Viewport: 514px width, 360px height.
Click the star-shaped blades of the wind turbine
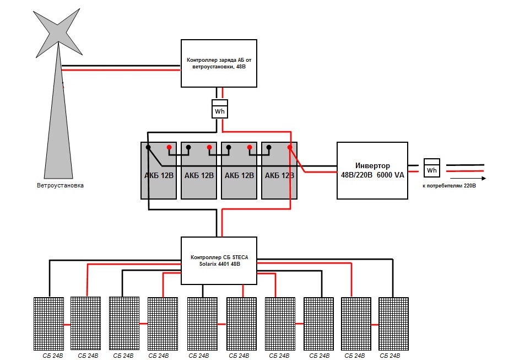pos(57,28)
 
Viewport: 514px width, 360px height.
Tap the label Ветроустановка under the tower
pos(60,186)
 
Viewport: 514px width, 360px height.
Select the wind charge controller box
pos(219,63)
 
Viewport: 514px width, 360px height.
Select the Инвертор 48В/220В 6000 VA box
pos(372,170)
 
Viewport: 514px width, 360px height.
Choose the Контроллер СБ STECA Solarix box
pos(219,261)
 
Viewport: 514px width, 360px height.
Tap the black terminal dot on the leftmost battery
pos(148,148)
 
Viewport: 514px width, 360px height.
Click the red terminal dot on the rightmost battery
pos(289,148)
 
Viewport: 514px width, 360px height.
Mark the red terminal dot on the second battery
pos(209,148)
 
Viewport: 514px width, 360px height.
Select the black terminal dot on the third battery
pos(228,148)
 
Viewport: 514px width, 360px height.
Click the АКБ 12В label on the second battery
pos(199,176)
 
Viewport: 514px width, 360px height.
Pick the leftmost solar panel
pos(49,324)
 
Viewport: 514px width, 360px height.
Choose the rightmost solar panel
pos(393,324)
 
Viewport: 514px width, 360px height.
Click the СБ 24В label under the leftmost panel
pos(53,356)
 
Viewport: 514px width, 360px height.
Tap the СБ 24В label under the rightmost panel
pos(389,356)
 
